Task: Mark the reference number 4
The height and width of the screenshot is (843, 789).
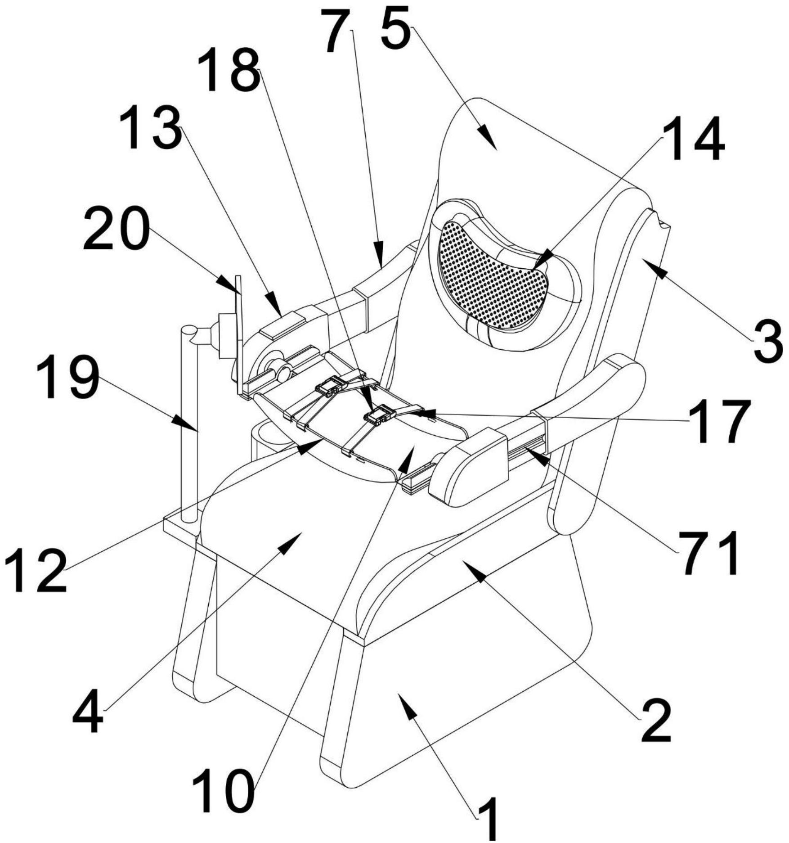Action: pos(88,710)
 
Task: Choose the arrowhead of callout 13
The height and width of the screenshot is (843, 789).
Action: pos(274,303)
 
